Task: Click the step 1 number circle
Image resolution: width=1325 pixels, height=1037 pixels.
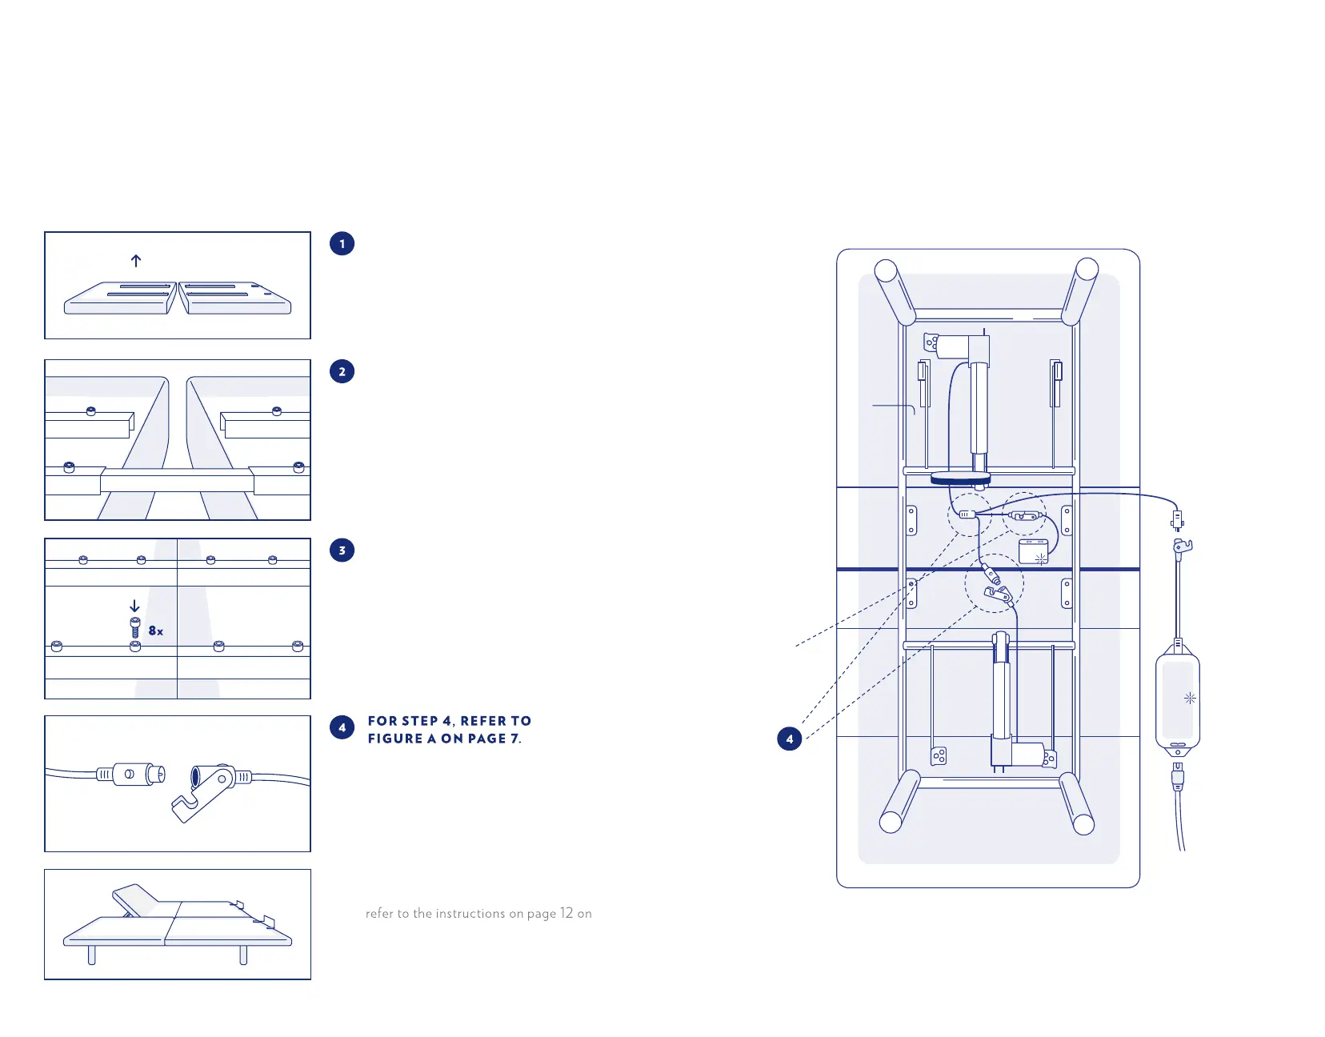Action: pos(342,244)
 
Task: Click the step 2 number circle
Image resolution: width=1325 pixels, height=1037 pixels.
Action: pos(342,372)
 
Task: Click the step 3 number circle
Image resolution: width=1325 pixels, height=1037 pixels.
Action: pos(342,551)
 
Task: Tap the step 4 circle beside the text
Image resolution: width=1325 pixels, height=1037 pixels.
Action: pos(342,727)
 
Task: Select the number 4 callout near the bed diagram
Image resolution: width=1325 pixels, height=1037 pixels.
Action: pos(790,739)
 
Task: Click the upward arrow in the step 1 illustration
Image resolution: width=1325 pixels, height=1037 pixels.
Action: pos(136,261)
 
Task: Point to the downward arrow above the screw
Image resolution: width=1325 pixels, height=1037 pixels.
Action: pos(134,607)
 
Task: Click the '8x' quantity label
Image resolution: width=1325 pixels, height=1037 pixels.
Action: pos(156,631)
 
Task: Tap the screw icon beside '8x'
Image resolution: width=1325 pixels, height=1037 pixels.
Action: pos(134,627)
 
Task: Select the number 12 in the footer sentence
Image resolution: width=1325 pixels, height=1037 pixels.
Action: pos(566,913)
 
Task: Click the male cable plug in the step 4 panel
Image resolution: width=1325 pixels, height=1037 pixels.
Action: pos(132,775)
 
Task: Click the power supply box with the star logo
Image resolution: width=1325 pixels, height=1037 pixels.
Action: pos(1178,699)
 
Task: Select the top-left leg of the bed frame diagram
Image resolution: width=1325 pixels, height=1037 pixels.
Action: pos(895,292)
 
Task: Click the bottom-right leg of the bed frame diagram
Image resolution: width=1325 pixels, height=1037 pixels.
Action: pos(1076,803)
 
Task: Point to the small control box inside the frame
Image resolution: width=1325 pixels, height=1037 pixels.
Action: pos(1033,552)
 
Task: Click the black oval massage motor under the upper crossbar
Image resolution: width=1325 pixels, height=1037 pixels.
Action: pos(960,478)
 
